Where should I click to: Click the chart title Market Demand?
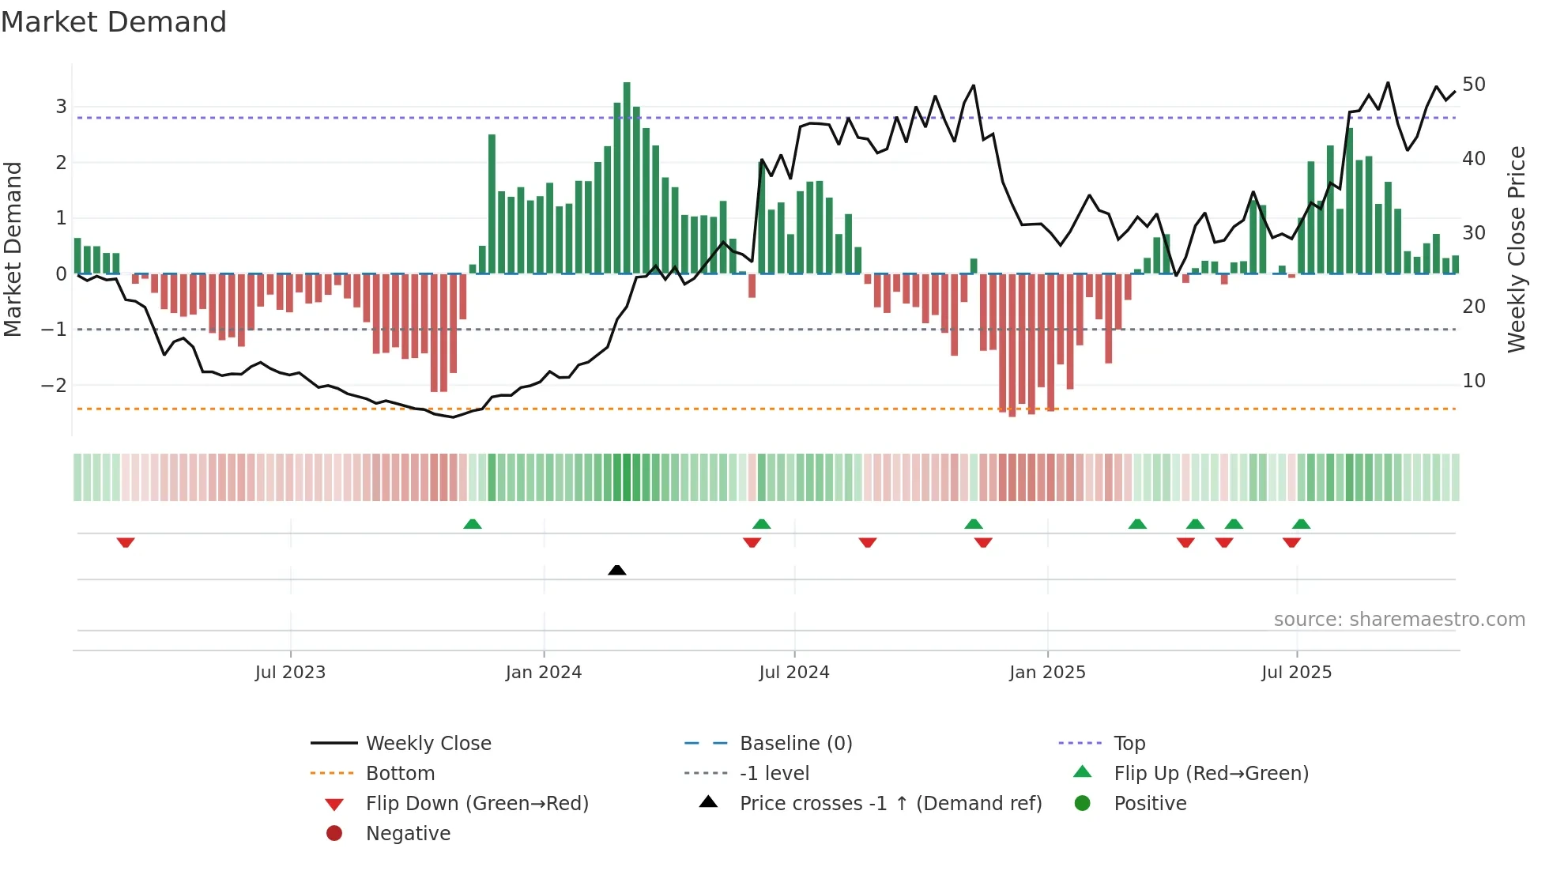click(114, 22)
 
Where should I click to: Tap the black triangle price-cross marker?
click(617, 570)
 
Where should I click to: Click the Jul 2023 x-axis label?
click(290, 673)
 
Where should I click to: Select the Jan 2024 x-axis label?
click(544, 673)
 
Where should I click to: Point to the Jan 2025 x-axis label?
click(1047, 673)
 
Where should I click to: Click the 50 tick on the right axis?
click(1474, 85)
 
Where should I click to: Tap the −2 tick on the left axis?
click(54, 386)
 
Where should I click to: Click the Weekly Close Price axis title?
click(1516, 249)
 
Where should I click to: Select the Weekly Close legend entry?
click(428, 744)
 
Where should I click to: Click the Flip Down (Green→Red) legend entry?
click(477, 804)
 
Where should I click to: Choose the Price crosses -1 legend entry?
click(890, 804)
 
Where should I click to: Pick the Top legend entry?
click(1129, 744)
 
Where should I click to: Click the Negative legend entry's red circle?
click(334, 834)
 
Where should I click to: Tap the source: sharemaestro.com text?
click(1399, 620)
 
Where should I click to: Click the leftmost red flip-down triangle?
click(126, 542)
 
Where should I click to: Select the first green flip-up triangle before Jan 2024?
click(473, 524)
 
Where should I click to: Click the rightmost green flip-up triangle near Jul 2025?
click(1301, 524)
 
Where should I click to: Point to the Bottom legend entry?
click(400, 774)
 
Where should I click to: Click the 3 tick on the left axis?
click(61, 107)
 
